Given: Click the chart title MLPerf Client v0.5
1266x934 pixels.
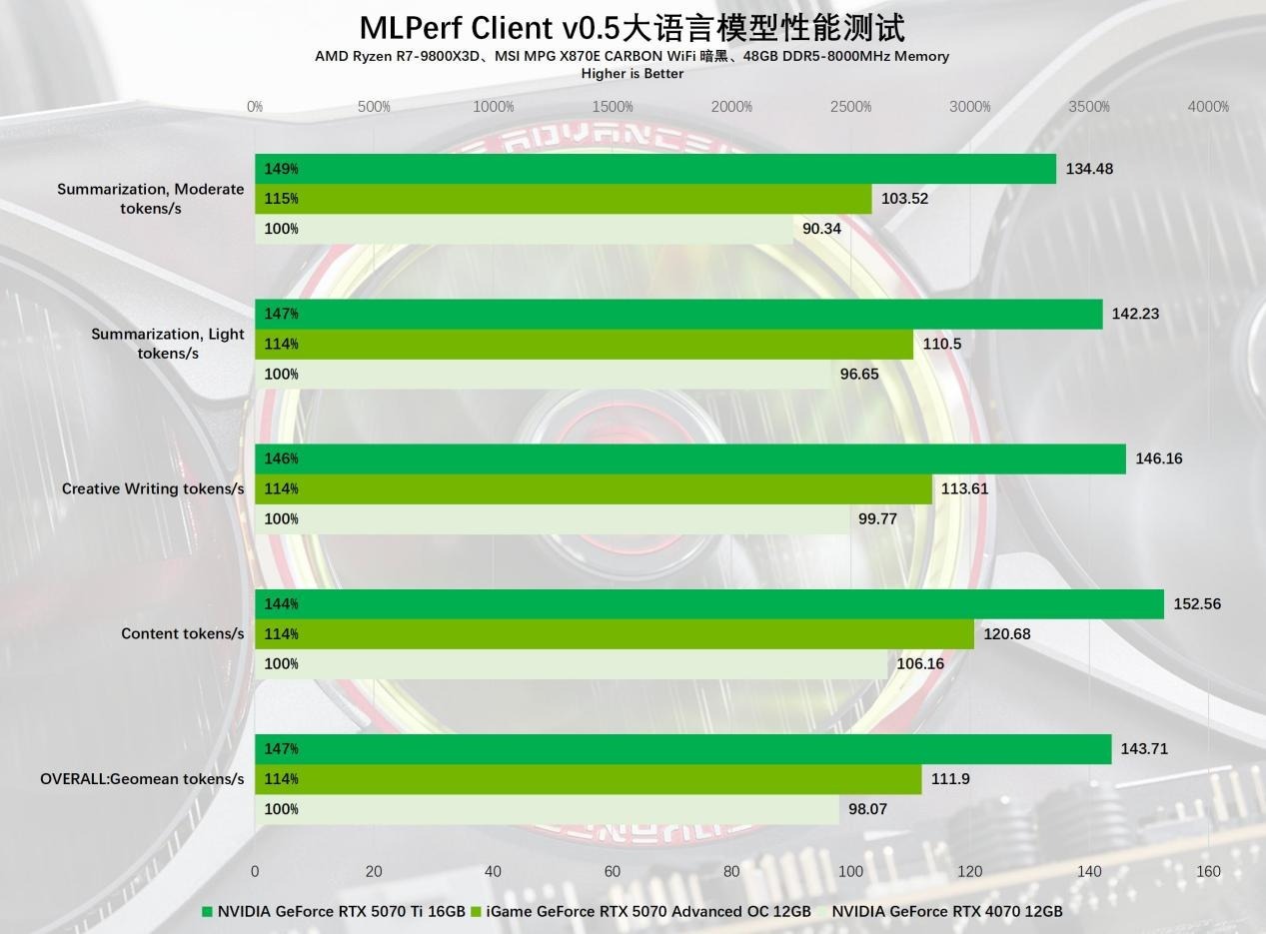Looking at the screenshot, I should click(632, 27).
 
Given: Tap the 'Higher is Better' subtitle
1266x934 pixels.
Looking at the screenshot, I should click(632, 74).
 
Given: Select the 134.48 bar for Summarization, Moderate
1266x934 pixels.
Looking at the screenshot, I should click(654, 169).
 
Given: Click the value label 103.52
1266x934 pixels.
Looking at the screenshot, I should click(904, 199).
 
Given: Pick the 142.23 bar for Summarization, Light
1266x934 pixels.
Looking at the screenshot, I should click(678, 314).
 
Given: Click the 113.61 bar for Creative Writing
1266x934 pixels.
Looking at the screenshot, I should click(594, 488).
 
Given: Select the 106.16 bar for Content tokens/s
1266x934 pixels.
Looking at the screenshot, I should click(571, 663).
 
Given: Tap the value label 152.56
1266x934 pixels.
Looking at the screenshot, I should click(1197, 603).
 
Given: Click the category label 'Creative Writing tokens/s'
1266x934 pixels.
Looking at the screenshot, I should click(153, 488).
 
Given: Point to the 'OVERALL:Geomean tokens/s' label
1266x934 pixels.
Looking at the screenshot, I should click(142, 778).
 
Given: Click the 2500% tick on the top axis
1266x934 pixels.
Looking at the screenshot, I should click(850, 107).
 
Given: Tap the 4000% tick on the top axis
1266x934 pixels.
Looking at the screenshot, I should click(1208, 107).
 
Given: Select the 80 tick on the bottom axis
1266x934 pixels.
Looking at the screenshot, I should click(731, 871).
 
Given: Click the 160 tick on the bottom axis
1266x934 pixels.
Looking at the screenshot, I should click(1208, 871).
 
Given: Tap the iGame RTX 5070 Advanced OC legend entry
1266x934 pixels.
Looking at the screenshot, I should click(640, 911).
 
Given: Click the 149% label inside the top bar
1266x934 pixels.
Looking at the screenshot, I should click(281, 169).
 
